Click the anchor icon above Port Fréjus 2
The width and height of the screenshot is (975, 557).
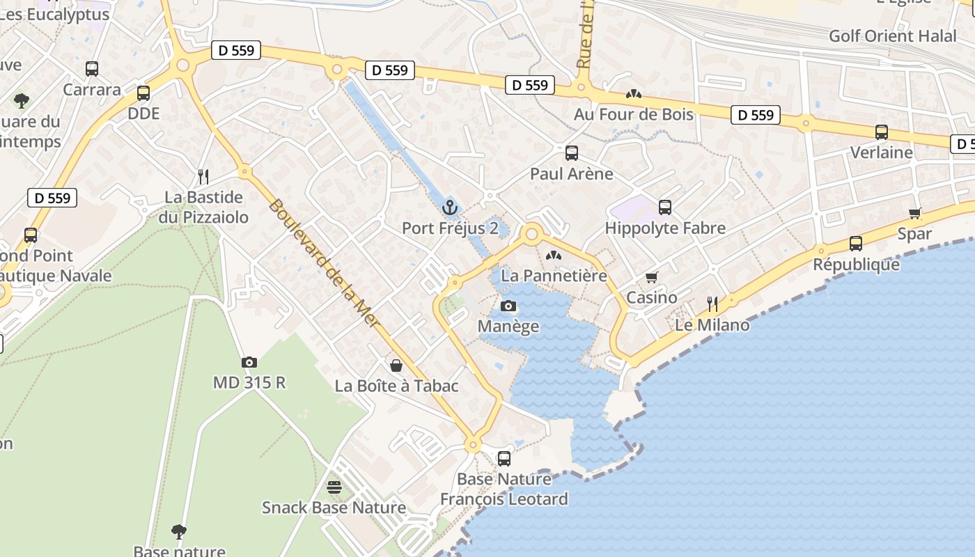[450, 207]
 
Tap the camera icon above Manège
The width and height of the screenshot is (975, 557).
[508, 306]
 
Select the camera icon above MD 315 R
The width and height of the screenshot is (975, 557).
[249, 362]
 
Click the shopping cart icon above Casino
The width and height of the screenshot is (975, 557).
[651, 278]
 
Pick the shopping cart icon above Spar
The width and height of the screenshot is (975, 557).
[914, 213]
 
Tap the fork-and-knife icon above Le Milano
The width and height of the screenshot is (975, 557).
[712, 304]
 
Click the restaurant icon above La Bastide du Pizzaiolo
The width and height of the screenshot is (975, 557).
[203, 176]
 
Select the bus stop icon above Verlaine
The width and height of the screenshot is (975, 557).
[881, 132]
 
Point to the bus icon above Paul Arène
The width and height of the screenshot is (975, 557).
[571, 152]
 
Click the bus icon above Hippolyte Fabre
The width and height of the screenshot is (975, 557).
[664, 207]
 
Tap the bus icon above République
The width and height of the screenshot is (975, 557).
[855, 244]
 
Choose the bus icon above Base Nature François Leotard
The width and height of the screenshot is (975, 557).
[504, 458]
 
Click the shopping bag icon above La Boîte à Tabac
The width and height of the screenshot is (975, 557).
[396, 366]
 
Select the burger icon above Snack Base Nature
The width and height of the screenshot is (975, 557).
[334, 487]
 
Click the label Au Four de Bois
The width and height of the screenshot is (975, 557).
[633, 113]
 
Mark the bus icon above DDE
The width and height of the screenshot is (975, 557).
[143, 93]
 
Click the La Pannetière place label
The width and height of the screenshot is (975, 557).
[554, 275]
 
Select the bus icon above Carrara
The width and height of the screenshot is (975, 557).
[92, 69]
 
